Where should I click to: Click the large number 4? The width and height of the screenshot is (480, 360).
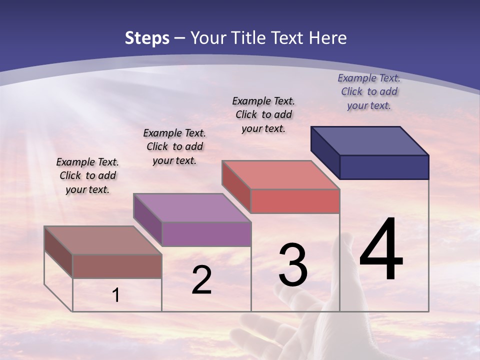[381, 250]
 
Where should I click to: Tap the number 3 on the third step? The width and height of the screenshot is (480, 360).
[292, 265]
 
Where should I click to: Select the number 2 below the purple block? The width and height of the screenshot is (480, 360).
[201, 280]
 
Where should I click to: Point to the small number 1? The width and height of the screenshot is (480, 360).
[116, 295]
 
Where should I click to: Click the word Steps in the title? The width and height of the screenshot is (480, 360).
[147, 38]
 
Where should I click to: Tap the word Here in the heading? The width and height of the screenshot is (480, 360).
[327, 38]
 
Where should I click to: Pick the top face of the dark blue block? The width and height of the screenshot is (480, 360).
[369, 140]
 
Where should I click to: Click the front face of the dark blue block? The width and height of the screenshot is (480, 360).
[384, 167]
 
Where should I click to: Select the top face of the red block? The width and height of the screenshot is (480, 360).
[280, 175]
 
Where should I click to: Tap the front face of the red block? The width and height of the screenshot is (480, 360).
[295, 201]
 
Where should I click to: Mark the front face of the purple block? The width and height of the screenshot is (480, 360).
[206, 234]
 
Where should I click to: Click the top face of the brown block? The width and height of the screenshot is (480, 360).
[102, 240]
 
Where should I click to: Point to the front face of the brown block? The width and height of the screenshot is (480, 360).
[117, 266]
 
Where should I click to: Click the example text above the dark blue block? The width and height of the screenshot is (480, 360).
[369, 91]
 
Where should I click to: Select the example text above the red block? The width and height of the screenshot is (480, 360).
[263, 114]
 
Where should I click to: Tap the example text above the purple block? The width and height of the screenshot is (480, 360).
[174, 146]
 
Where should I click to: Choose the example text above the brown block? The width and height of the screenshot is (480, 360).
[87, 175]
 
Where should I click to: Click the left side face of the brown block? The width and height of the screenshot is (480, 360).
[58, 252]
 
